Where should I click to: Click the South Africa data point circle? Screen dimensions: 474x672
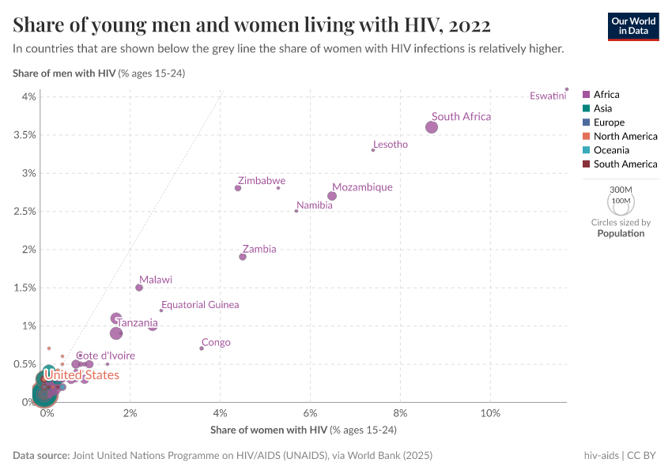click(432, 127)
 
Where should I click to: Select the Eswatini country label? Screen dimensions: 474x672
click(548, 96)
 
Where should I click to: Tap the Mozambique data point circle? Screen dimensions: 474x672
click(332, 196)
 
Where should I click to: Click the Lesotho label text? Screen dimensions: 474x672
click(391, 145)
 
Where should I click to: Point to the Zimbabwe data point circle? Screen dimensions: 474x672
click(238, 188)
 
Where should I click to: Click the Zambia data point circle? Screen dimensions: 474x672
click(243, 257)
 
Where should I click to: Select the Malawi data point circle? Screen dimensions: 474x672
click(139, 288)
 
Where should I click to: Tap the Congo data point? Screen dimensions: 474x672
click(202, 348)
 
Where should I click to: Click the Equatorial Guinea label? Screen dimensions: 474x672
click(200, 305)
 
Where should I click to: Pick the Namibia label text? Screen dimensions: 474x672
click(315, 205)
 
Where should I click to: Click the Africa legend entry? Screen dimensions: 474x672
click(606, 95)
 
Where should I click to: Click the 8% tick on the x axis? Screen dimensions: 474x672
click(400, 414)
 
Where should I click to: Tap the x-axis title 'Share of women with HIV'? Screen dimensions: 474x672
click(269, 430)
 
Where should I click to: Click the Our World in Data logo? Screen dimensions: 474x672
click(633, 25)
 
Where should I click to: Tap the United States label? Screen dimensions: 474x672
click(81, 375)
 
